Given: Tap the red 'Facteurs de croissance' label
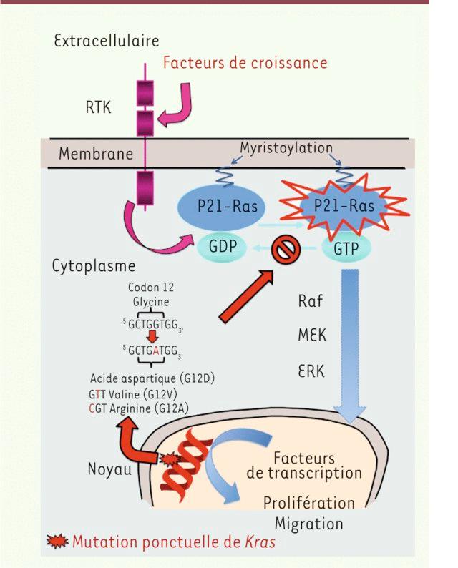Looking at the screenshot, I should pos(245,63).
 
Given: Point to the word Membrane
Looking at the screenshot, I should pos(96,153).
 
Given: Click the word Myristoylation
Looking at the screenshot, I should pos(286,148).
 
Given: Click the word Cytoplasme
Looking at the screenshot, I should pos(94,266).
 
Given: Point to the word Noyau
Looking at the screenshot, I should pos(110,469).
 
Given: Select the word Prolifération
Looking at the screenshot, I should pos(308,502).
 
